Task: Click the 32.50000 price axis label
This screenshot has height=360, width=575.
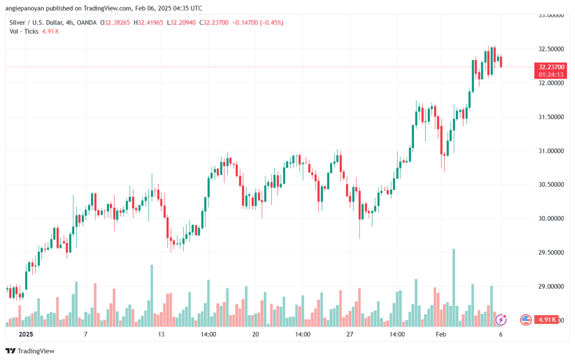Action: point(551,49)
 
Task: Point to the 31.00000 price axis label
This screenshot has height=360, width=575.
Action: point(551,151)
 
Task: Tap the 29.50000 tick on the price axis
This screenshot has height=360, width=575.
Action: point(551,253)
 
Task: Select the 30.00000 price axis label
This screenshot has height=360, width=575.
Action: point(551,218)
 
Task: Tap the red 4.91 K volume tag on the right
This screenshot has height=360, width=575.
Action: point(546,320)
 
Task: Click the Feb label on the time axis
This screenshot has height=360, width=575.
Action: point(441,334)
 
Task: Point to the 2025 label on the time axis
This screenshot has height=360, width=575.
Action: point(26,334)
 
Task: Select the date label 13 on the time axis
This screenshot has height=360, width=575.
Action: point(161,334)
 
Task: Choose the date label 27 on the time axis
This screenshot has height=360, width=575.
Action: point(350,334)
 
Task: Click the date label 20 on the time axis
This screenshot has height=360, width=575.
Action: point(255,334)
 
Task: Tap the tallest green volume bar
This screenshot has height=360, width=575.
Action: point(454,288)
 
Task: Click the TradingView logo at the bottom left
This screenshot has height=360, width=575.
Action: point(30,351)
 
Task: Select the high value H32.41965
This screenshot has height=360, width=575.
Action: point(148,22)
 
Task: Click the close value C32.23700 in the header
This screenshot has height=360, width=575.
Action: point(214,22)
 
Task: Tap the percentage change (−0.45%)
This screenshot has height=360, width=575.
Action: point(271,22)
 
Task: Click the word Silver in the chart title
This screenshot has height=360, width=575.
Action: point(17,22)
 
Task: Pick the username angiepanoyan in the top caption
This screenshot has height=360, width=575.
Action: point(25,8)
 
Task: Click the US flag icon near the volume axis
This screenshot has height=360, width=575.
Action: point(526,320)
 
